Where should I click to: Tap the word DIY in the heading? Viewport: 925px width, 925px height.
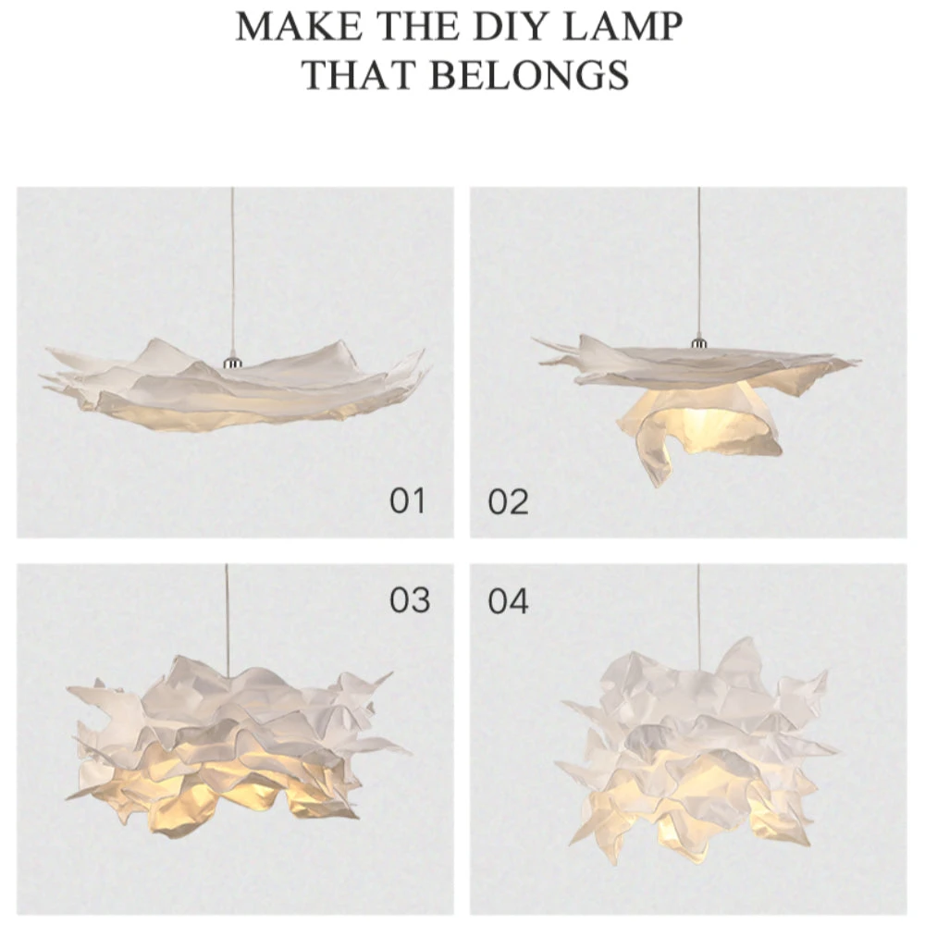520,27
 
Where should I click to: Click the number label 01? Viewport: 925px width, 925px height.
408,500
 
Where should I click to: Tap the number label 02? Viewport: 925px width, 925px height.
508,502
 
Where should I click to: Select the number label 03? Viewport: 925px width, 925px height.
410,600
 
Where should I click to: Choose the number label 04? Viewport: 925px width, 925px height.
508,601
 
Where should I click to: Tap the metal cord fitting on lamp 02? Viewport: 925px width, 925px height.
699,343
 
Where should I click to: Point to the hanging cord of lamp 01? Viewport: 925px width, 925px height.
232,272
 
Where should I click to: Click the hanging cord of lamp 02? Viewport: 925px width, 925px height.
699,263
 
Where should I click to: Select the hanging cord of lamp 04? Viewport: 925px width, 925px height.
699,617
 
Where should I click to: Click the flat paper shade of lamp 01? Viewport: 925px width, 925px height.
236,389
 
